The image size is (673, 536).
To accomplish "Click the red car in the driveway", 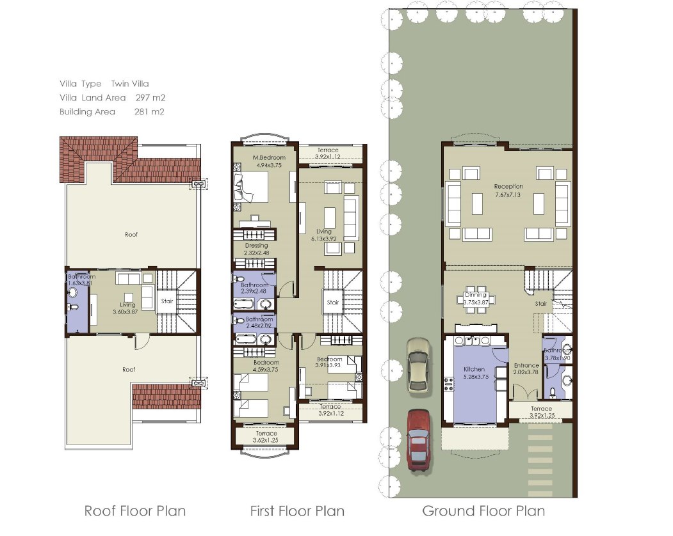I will click(x=419, y=441).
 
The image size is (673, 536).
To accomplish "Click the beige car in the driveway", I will click(x=418, y=365).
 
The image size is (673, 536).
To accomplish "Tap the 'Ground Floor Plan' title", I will click(x=483, y=511).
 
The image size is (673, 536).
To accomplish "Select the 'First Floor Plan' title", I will click(x=297, y=511).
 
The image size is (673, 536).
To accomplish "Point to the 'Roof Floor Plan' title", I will click(x=135, y=511).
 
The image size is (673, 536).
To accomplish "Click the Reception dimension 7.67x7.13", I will click(x=508, y=195).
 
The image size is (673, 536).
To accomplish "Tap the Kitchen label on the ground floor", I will click(x=474, y=369).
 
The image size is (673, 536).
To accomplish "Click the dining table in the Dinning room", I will click(x=475, y=301).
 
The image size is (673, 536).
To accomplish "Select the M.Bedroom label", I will click(x=265, y=157).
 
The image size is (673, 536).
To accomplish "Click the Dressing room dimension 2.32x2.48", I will click(x=256, y=253).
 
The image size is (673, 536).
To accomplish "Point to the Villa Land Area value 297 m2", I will click(x=150, y=98).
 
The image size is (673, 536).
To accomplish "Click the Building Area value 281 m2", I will click(x=150, y=112).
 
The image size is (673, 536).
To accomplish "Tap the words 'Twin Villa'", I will click(x=130, y=84).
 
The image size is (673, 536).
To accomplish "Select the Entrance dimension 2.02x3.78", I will click(x=527, y=373).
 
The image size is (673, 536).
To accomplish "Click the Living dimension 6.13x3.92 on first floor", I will click(x=324, y=239).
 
